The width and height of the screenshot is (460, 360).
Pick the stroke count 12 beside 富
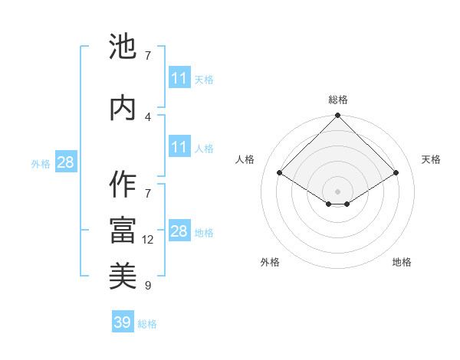point(148,240)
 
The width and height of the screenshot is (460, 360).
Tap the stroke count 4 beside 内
point(148,116)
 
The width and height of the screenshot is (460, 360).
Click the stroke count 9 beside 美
point(148,286)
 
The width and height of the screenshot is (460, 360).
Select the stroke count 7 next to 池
point(148,55)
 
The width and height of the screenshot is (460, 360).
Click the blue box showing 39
point(123,322)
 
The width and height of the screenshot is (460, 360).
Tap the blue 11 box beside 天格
point(179,78)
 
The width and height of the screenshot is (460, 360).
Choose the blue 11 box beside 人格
point(179,147)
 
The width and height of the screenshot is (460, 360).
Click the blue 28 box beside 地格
point(179,231)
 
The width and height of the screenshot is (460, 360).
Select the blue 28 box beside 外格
point(65,162)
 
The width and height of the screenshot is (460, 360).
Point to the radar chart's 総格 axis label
point(338,100)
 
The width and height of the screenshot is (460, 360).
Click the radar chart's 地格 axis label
point(402,262)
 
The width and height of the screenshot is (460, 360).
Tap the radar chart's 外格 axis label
point(270,262)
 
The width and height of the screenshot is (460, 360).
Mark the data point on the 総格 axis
point(337,116)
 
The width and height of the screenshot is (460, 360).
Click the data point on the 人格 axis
point(279,173)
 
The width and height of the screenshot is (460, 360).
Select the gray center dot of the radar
point(337,190)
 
